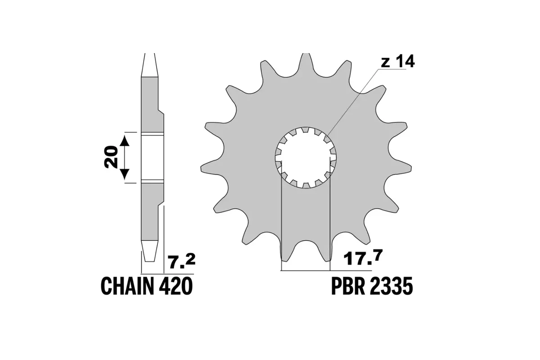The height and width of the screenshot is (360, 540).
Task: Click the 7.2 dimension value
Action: point(181,260)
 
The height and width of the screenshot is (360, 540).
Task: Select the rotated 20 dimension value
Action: point(111,157)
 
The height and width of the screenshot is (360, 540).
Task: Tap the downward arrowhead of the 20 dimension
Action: point(125,174)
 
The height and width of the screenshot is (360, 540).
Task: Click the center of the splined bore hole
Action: point(306,157)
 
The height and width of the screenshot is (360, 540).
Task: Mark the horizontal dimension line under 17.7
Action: point(326,271)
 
